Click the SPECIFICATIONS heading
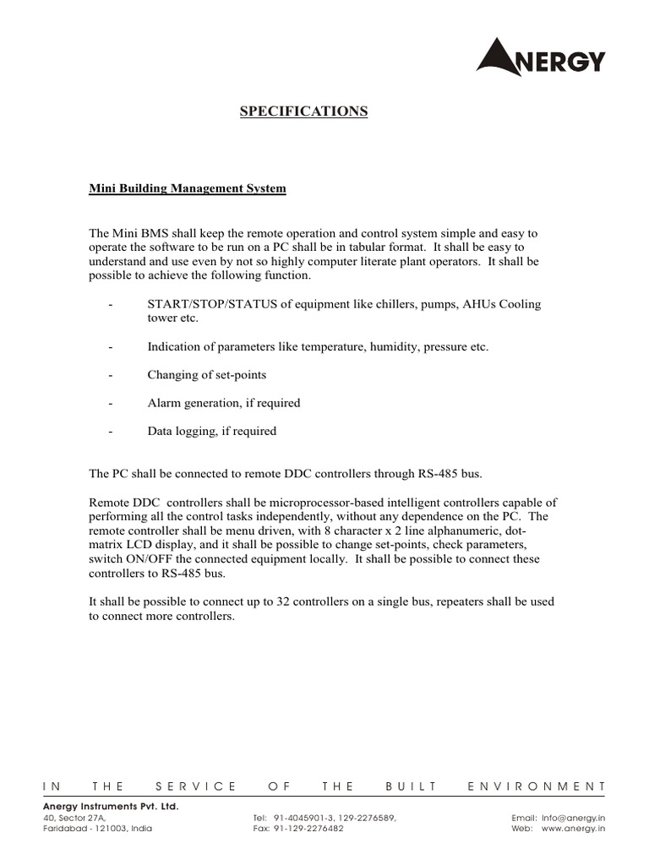(304, 111)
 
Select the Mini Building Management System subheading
(188, 188)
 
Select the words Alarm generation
(190, 403)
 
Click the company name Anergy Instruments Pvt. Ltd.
(111, 807)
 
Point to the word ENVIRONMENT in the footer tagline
(537, 786)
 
